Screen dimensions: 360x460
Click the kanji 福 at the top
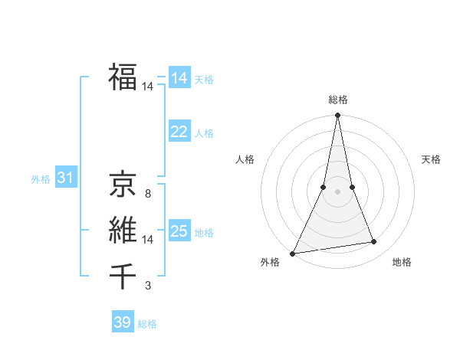(123, 77)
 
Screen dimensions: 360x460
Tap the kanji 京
(123, 185)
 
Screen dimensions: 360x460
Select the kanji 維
(123, 229)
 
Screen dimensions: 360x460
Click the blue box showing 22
(179, 132)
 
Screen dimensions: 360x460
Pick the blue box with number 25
(179, 231)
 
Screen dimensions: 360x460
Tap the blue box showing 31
(65, 178)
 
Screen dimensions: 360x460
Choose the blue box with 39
(123, 322)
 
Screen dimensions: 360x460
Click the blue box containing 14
(179, 78)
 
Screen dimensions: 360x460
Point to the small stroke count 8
(148, 194)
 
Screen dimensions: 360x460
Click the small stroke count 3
(148, 286)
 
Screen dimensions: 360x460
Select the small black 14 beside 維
(148, 240)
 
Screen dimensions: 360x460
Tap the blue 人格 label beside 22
(204, 133)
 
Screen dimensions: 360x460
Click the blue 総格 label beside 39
(147, 324)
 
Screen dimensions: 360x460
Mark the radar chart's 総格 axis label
(337, 100)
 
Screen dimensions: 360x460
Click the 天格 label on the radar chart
(432, 159)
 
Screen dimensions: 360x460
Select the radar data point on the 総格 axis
(337, 116)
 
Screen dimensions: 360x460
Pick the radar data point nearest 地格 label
(374, 242)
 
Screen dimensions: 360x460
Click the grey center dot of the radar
(337, 192)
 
